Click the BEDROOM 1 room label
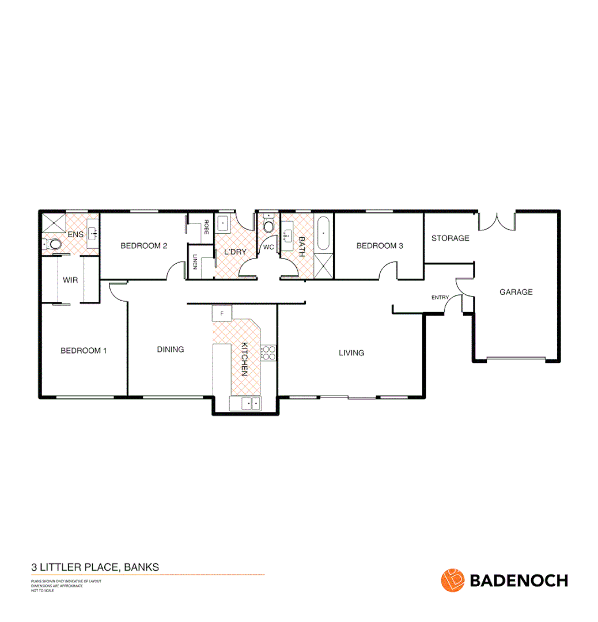click(84, 350)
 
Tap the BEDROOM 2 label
click(143, 246)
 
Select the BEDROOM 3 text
click(380, 246)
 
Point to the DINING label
click(171, 349)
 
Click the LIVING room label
click(351, 352)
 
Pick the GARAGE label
click(516, 292)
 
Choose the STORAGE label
click(450, 238)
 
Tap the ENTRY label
click(440, 297)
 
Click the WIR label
click(70, 280)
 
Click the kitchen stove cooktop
click(268, 352)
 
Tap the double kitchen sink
click(245, 404)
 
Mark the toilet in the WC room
click(268, 226)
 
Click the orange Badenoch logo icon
click(452, 580)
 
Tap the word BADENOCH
click(519, 580)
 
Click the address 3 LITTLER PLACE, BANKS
click(95, 567)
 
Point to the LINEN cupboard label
click(195, 262)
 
